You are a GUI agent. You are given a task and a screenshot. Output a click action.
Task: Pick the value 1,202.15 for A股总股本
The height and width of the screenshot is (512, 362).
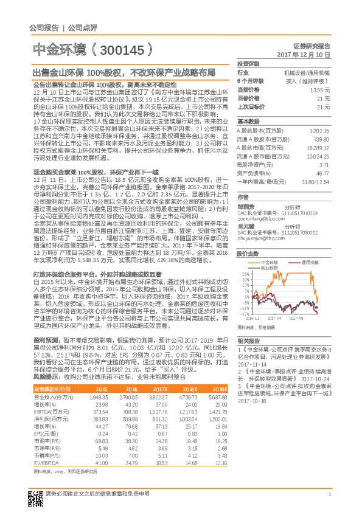coord(320,131)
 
